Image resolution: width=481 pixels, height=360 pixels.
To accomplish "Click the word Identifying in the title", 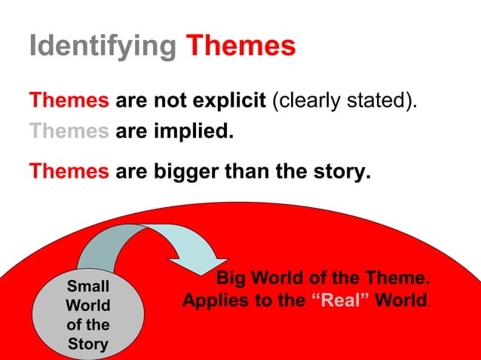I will point(102,47).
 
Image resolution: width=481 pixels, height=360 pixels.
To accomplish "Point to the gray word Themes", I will point(69,133).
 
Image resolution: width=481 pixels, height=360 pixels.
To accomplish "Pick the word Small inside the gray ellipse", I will point(88,287).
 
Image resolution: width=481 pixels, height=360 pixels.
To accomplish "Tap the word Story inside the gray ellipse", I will point(88,346).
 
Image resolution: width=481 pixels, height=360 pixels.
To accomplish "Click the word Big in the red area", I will point(231,279).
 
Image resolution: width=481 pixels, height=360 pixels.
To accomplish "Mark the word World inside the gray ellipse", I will point(88,307).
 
